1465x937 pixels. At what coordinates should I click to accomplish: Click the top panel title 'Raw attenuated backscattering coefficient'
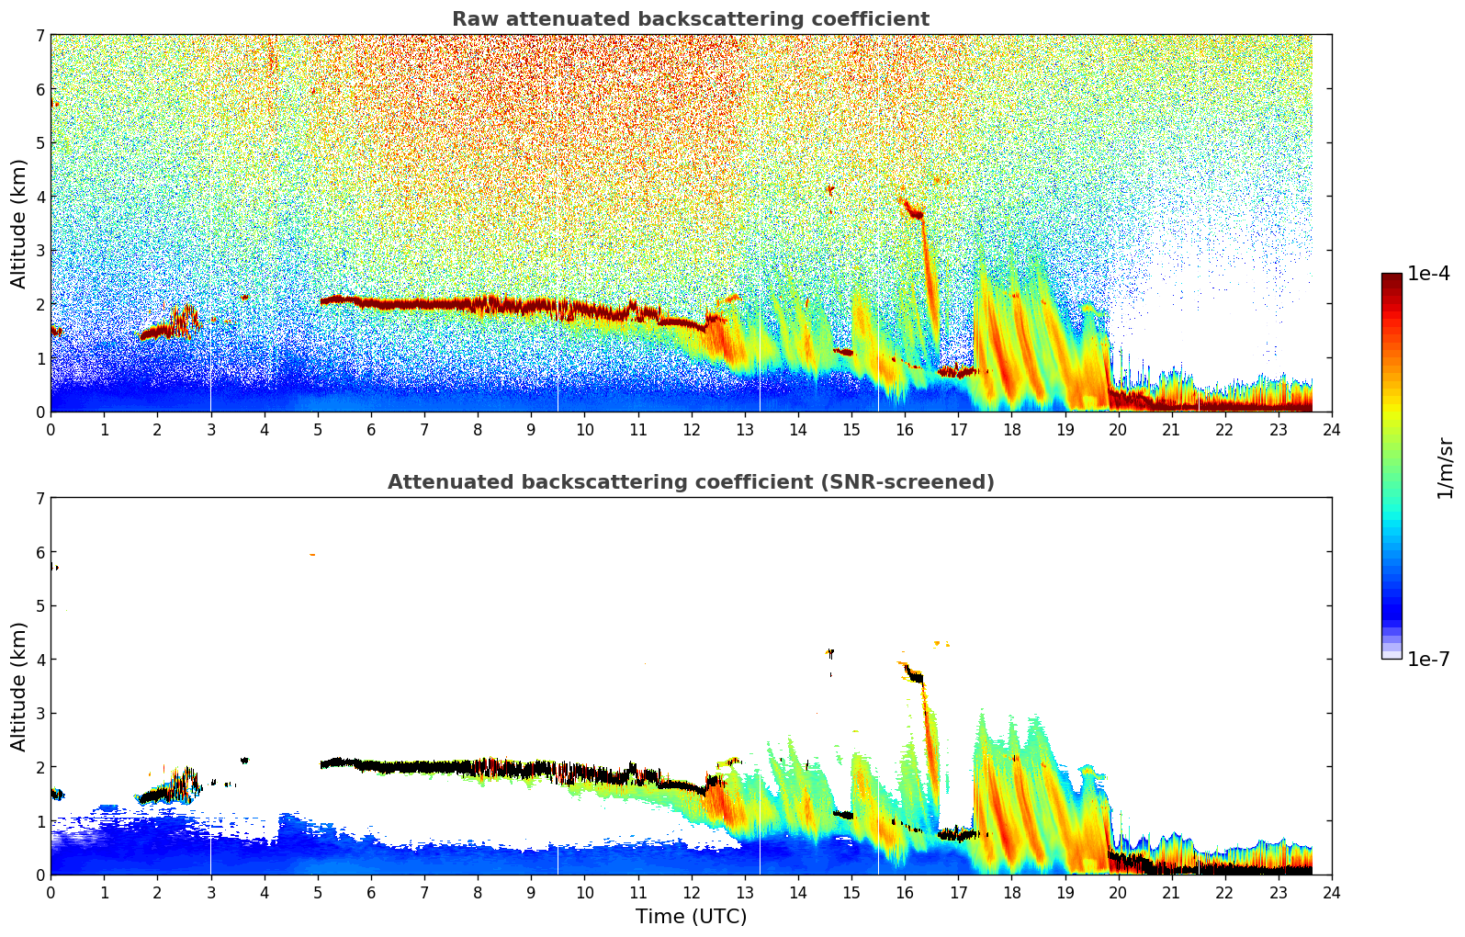coord(690,19)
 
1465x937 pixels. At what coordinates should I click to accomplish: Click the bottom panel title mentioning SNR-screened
coord(690,482)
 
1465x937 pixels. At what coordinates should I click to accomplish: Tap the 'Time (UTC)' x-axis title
coord(691,917)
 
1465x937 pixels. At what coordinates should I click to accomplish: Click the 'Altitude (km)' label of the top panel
coord(18,223)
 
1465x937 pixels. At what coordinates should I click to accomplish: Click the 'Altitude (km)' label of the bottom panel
coord(18,686)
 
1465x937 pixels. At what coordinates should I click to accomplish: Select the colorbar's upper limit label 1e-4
coord(1428,274)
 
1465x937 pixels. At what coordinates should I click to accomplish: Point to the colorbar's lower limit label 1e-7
coord(1428,659)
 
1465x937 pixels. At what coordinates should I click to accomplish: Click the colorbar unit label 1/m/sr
coord(1445,467)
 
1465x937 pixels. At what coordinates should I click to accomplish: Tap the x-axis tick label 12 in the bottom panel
coord(691,893)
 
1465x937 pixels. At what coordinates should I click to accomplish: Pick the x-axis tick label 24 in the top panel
coord(1331,430)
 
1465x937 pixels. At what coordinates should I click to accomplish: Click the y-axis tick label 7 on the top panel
coord(39,36)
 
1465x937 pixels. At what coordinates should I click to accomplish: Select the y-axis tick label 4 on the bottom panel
coord(39,660)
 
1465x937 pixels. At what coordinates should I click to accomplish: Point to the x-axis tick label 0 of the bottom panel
coord(51,893)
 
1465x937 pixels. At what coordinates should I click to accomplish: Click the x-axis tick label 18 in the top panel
coord(1011,430)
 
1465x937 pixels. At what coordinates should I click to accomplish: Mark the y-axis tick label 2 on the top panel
coord(39,304)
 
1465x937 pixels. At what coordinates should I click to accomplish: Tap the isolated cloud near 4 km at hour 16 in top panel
coord(912,209)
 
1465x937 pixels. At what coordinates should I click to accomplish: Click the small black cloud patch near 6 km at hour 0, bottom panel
coord(54,566)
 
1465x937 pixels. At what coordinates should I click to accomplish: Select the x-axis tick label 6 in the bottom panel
coord(371,893)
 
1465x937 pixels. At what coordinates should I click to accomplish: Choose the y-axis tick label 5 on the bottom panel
coord(39,605)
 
